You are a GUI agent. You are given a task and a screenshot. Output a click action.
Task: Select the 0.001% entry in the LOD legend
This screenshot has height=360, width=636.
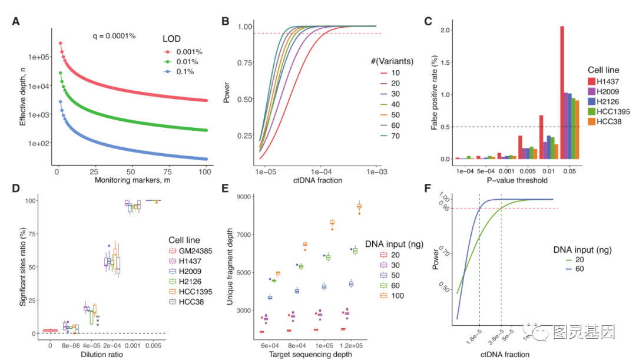point(189,52)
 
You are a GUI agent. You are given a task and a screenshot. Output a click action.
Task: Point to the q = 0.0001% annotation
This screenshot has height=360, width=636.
point(114,36)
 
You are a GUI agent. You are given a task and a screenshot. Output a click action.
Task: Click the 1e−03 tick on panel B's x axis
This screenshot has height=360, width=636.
point(375,171)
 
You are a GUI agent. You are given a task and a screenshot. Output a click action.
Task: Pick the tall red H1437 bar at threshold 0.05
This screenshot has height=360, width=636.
point(562,93)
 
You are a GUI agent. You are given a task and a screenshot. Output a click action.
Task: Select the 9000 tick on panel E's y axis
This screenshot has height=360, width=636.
point(247,197)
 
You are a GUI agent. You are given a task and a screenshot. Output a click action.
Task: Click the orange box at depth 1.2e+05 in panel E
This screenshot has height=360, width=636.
point(359,206)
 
